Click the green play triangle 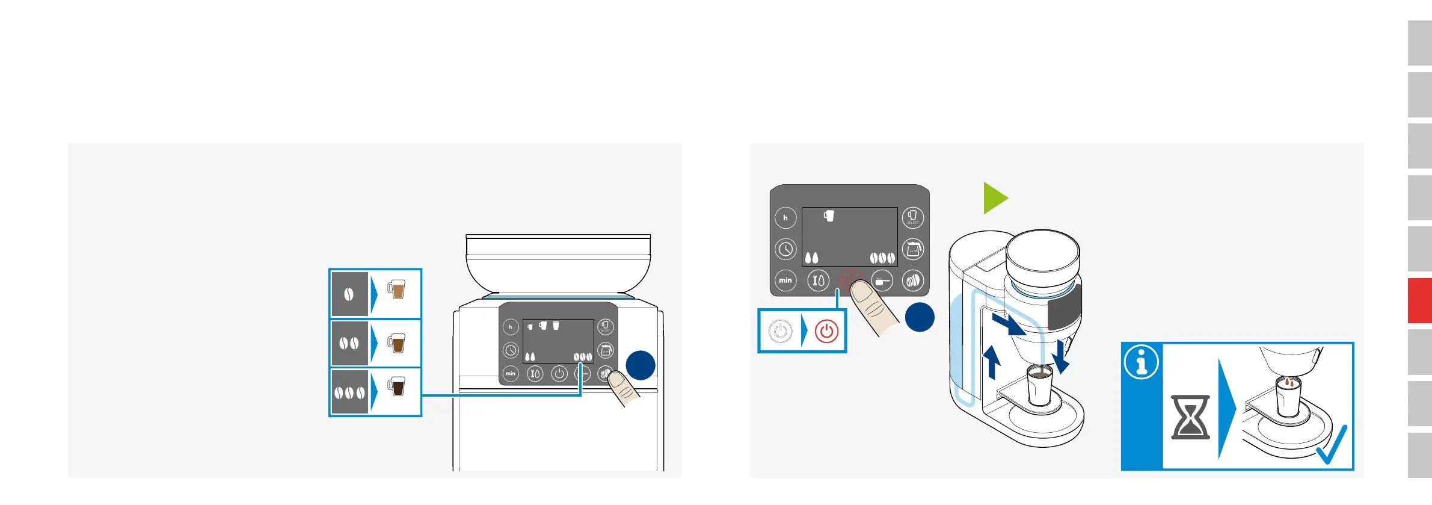994,198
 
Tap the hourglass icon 1190,417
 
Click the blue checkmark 1333,445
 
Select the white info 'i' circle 1141,362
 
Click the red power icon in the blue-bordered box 826,332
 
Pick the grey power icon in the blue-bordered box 781,332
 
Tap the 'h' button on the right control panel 785,218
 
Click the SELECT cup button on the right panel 912,217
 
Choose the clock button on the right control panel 785,249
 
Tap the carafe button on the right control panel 913,249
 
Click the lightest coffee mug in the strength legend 396,290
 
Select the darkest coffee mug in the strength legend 396,386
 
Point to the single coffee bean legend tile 349,294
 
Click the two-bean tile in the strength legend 349,344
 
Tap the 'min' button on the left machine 510,374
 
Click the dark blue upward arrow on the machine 992,363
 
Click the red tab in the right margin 1419,300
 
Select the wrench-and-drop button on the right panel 818,280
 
